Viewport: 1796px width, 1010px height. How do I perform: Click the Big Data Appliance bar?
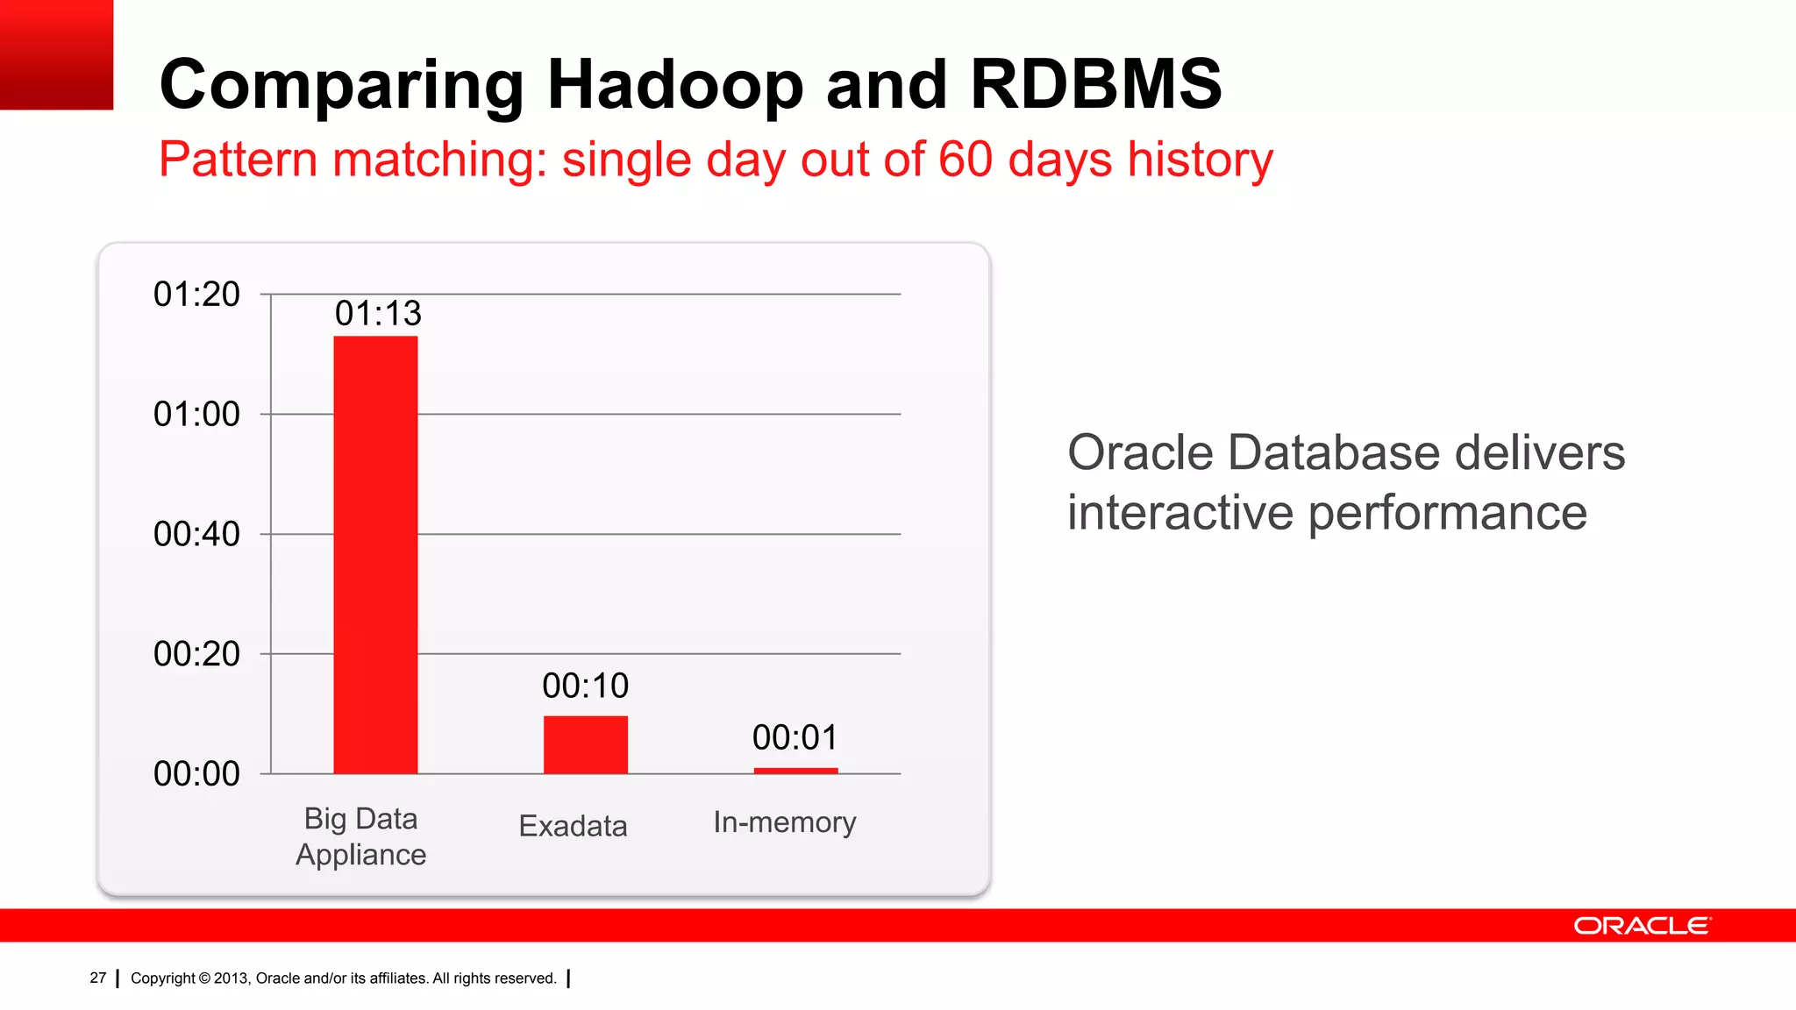point(375,554)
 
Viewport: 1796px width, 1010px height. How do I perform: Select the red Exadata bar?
point(585,744)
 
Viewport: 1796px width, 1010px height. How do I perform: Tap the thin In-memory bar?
point(795,771)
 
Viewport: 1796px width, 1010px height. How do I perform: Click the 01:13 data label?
point(378,313)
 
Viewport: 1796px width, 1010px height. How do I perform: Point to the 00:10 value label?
point(585,686)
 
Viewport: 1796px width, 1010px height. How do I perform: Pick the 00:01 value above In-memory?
point(795,737)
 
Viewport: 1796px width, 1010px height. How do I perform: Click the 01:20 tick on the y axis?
point(196,295)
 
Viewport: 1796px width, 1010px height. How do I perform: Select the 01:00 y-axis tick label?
point(196,414)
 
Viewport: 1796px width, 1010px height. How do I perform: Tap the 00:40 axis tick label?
point(196,534)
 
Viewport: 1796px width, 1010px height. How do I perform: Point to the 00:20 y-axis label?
point(196,654)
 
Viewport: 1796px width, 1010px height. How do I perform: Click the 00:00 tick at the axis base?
point(196,773)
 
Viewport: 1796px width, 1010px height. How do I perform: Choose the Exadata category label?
point(573,826)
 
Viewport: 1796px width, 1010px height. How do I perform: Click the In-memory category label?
point(784,822)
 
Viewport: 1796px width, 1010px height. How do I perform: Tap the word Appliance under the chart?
point(360,855)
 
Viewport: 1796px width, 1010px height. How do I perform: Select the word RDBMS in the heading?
point(1095,85)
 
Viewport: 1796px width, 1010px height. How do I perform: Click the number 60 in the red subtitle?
point(965,160)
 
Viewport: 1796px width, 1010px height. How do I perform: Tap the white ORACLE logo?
point(1641,926)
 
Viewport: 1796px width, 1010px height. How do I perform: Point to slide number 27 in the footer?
point(97,978)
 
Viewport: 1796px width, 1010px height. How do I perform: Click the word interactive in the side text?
point(1180,513)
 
